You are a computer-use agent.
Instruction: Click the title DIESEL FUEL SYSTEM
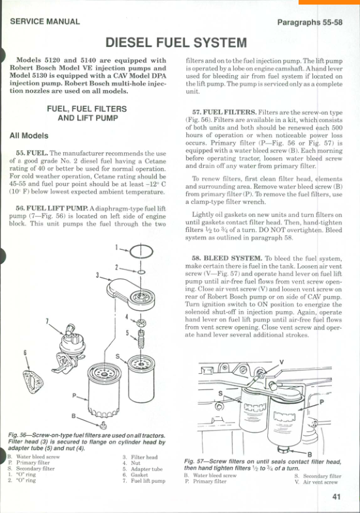click(x=176, y=43)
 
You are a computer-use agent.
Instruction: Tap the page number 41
click(x=336, y=497)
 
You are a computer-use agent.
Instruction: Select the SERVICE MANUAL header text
click(x=45, y=22)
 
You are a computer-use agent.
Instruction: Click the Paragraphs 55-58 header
click(x=310, y=22)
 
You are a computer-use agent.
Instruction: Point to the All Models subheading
click(x=29, y=136)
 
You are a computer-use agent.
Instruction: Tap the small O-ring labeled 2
click(x=141, y=272)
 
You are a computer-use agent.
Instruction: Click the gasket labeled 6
click(x=33, y=382)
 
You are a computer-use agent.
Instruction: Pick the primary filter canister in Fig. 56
click(x=104, y=390)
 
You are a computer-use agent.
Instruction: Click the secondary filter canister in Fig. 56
click(x=141, y=379)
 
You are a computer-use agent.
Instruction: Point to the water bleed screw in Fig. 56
click(x=103, y=425)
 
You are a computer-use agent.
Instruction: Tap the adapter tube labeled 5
click(x=141, y=340)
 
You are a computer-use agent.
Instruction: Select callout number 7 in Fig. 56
click(x=47, y=321)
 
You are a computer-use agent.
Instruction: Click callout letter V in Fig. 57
click(x=281, y=362)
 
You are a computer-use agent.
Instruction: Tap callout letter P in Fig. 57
click(x=321, y=402)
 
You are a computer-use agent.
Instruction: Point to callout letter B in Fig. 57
click(x=309, y=454)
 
